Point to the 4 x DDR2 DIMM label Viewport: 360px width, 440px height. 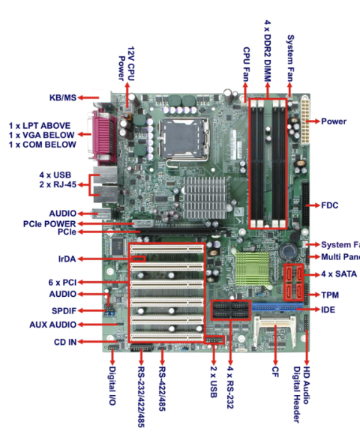click(x=268, y=41)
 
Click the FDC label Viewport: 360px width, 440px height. click(x=331, y=205)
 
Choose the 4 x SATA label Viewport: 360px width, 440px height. click(x=337, y=274)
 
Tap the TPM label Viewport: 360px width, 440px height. click(x=331, y=295)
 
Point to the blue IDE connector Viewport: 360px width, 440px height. click(x=276, y=307)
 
